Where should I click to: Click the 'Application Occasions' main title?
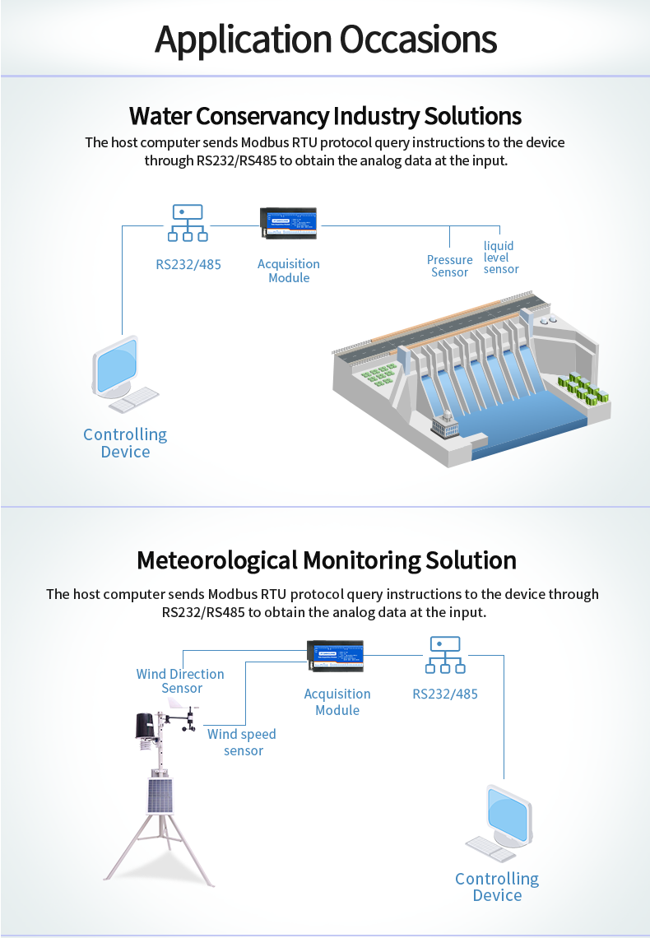tap(325, 39)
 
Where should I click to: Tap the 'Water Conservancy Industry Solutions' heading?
tap(325, 114)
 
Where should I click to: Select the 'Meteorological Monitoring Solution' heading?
tap(326, 560)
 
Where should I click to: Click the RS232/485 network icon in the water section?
tap(188, 223)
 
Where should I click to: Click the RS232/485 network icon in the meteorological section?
tap(444, 655)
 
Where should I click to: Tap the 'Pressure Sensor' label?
tap(449, 266)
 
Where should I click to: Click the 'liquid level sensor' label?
tap(500, 258)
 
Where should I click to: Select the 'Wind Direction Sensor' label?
tap(180, 681)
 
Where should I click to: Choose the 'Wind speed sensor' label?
tap(242, 742)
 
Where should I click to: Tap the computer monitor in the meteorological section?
tap(507, 814)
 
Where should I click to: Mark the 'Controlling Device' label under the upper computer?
tap(125, 443)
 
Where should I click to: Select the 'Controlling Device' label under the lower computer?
tap(497, 887)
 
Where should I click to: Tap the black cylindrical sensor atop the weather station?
tap(146, 725)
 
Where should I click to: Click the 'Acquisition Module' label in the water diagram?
tap(289, 271)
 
